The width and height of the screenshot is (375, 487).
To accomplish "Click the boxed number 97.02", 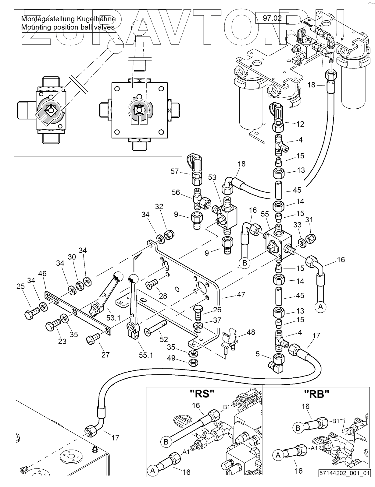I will [272, 18].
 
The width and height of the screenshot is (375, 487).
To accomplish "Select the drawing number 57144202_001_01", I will [345, 482].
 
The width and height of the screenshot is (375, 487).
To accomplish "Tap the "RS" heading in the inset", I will [202, 394].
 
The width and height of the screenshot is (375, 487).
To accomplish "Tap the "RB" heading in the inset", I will [317, 394].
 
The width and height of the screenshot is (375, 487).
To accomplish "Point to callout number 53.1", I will [113, 318].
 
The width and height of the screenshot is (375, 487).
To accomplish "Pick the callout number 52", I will [163, 339].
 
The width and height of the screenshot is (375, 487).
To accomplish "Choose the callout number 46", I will [42, 274].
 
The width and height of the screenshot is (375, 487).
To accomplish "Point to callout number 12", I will [300, 124].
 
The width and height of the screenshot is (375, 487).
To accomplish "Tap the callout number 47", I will [241, 295].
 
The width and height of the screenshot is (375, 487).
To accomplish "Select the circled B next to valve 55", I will [245, 262].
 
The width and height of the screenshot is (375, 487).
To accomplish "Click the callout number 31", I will [309, 219].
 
